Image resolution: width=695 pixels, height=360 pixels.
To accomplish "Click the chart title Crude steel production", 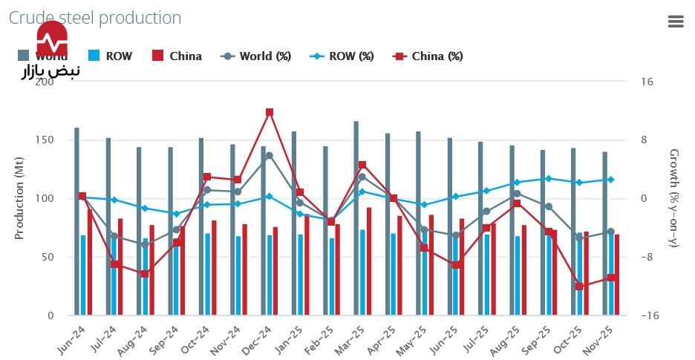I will [95, 18].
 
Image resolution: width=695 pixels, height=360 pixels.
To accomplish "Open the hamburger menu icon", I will [676, 22].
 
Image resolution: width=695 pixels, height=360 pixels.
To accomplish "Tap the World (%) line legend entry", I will [256, 56].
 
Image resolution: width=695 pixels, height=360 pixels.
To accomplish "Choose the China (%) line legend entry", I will [428, 56].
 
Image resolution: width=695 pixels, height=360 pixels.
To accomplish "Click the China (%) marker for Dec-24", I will [270, 112].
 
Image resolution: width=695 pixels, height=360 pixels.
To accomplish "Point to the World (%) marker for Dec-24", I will [270, 156].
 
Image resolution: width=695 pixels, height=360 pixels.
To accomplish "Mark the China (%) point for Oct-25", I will [580, 287].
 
